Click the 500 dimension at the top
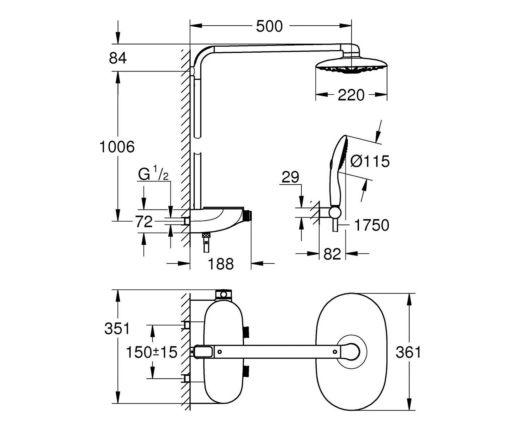pyautogui.click(x=269, y=26)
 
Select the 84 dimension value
pyautogui.click(x=118, y=58)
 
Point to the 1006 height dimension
pyautogui.click(x=117, y=147)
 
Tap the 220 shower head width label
pyautogui.click(x=351, y=95)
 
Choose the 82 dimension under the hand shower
pyautogui.click(x=332, y=254)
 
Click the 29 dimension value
pyautogui.click(x=290, y=177)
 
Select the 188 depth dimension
pyautogui.click(x=221, y=264)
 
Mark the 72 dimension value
pyautogui.click(x=144, y=222)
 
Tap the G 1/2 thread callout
pyautogui.click(x=153, y=175)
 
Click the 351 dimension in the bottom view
pyautogui.click(x=117, y=328)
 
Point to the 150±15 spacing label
pyautogui.click(x=152, y=352)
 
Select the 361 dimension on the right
pyautogui.click(x=408, y=352)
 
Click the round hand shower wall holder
pyautogui.click(x=334, y=212)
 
